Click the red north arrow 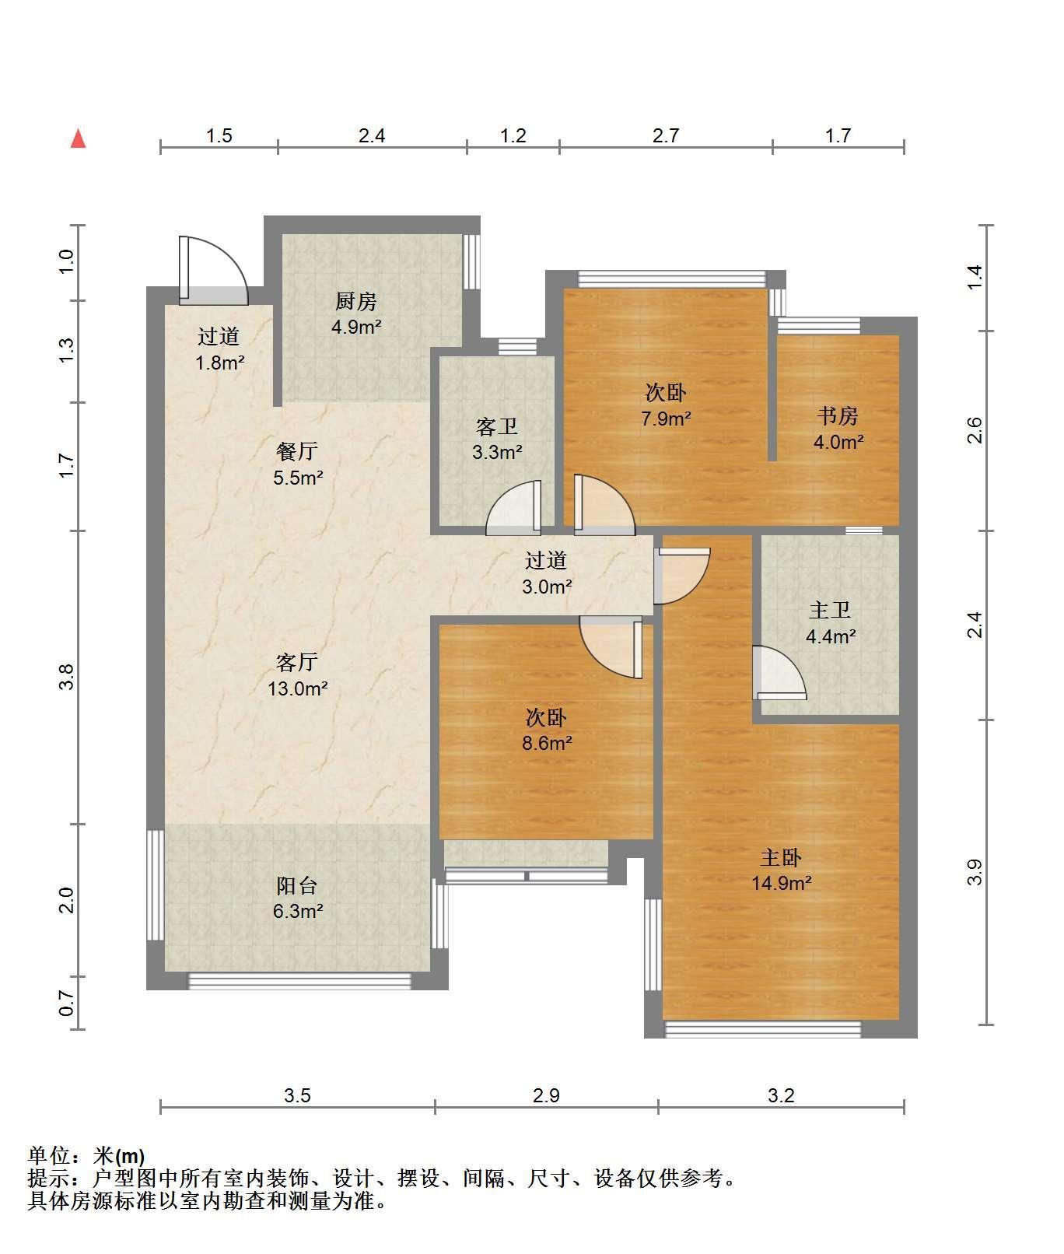pos(78,138)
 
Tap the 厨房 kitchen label pos(355,300)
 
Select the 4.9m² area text pos(355,327)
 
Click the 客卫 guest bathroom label pos(496,426)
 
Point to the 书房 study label pos(837,416)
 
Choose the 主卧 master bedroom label pos(780,857)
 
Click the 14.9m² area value pos(781,883)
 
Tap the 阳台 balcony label pos(297,885)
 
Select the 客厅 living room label pos(297,662)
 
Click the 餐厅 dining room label pos(297,451)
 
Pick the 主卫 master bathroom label pos(830,611)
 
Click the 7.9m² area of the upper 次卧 pos(666,419)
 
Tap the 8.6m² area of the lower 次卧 pos(547,743)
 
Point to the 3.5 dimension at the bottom pos(297,1096)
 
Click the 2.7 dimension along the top pos(666,136)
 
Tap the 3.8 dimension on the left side pos(68,677)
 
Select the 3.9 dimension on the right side pos(975,872)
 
